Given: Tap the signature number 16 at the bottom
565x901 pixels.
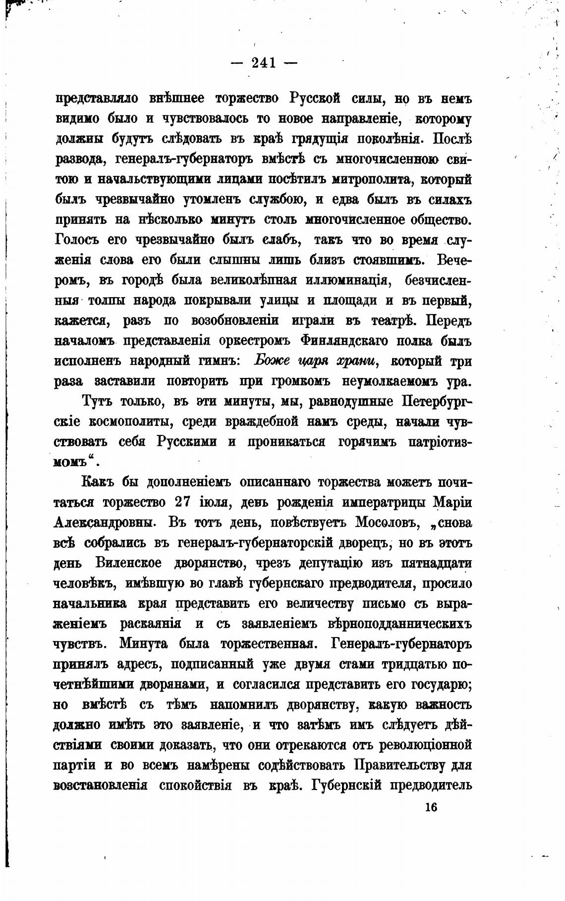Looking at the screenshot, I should tap(431, 806).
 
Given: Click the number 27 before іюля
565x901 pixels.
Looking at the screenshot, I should tap(186, 502).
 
